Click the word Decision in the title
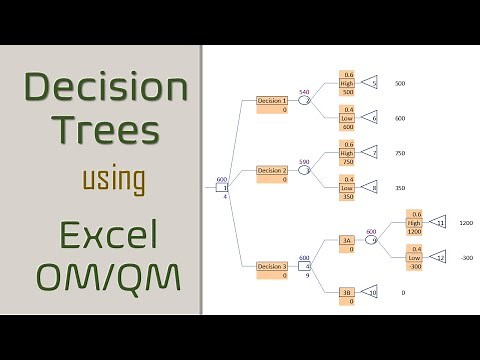point(106,89)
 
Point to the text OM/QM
point(106,274)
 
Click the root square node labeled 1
point(225,187)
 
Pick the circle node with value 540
point(306,100)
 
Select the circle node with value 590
point(306,170)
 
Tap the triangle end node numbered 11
point(437,223)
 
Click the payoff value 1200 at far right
point(465,223)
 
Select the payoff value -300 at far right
point(465,257)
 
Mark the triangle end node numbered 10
point(370,293)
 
